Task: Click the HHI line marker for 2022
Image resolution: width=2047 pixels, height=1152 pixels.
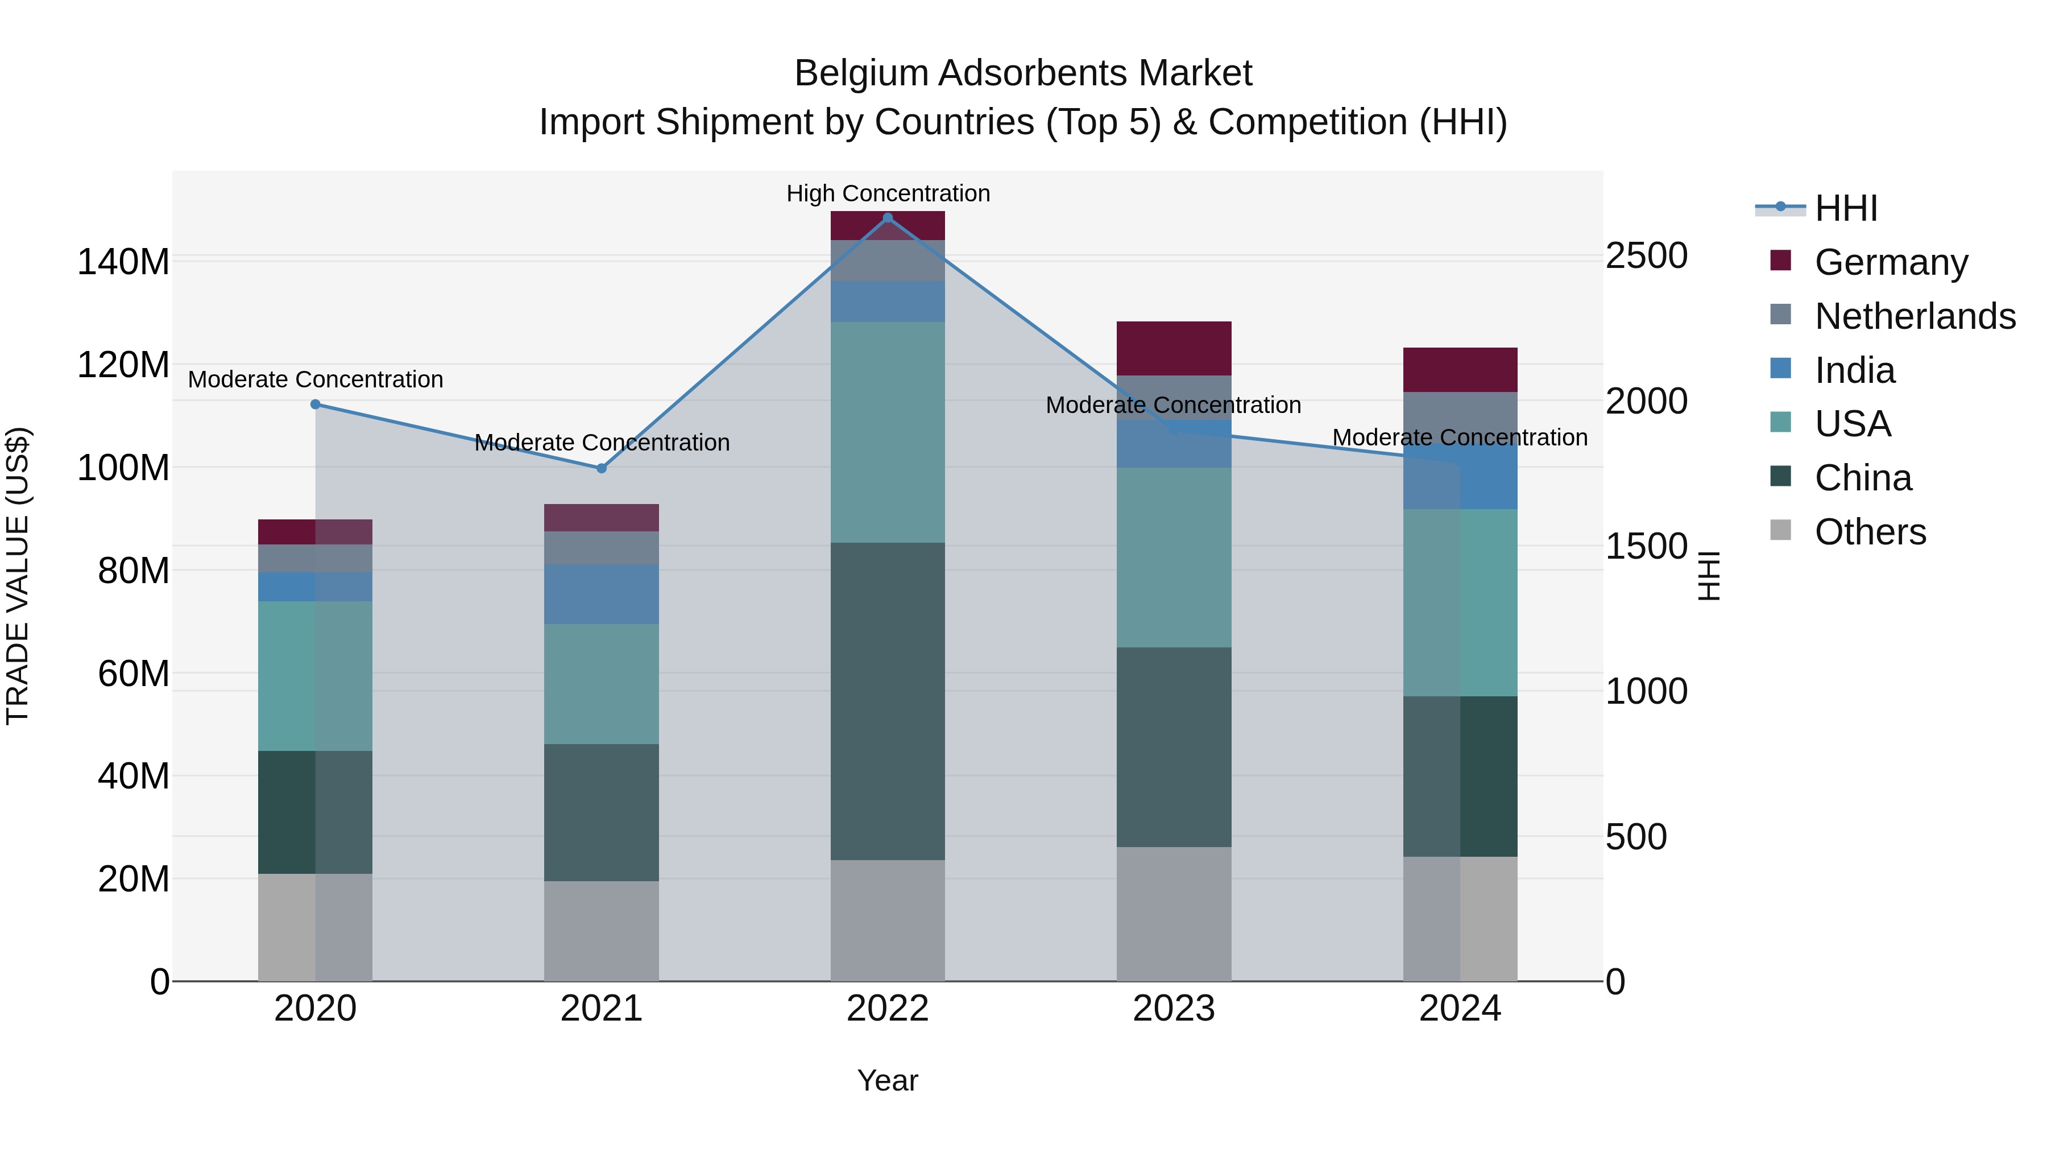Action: pyautogui.click(x=888, y=218)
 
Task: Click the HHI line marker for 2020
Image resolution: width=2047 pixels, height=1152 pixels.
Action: pyautogui.click(x=316, y=404)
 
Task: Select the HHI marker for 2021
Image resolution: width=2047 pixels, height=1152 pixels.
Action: pyautogui.click(x=602, y=468)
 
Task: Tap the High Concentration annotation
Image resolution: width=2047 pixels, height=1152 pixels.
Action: pyautogui.click(x=888, y=193)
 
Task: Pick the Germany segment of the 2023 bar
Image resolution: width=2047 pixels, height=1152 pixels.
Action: pyautogui.click(x=1174, y=348)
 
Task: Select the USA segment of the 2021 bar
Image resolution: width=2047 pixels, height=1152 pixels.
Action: pyautogui.click(x=602, y=684)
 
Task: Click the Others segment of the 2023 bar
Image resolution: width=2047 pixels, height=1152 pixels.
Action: pyautogui.click(x=1174, y=914)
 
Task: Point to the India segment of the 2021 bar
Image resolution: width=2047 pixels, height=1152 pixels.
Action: pyautogui.click(x=602, y=593)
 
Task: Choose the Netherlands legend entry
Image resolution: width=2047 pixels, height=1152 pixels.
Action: pyautogui.click(x=1915, y=316)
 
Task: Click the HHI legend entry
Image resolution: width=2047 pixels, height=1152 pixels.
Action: pyautogui.click(x=1846, y=208)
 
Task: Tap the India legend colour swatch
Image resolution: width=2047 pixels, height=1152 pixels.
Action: pyautogui.click(x=1781, y=369)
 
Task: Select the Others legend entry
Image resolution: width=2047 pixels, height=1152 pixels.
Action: pyautogui.click(x=1870, y=532)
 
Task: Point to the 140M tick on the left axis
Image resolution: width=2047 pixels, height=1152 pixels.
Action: pyautogui.click(x=123, y=262)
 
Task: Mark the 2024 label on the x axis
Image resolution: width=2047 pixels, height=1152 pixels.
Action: pyautogui.click(x=1460, y=1009)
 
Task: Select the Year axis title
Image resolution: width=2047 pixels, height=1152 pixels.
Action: pyautogui.click(x=888, y=1080)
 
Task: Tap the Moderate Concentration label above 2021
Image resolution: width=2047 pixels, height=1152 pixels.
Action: pyautogui.click(x=602, y=442)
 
